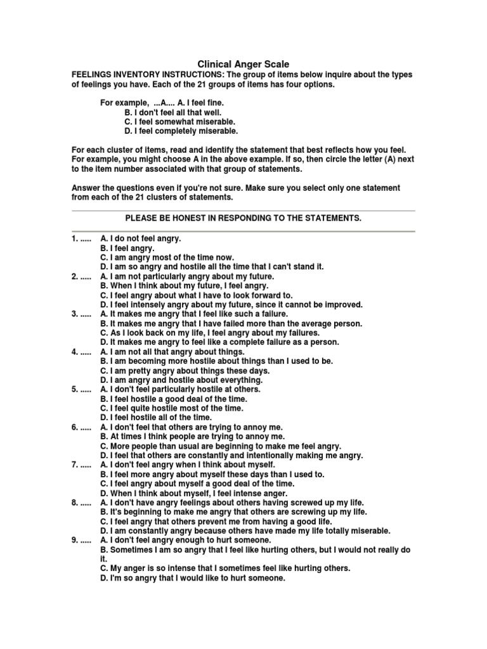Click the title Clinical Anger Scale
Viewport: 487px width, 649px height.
point(243,64)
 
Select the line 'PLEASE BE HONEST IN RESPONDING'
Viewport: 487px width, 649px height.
point(243,218)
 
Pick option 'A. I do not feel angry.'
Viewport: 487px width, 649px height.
point(141,239)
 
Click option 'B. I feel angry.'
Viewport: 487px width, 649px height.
point(127,248)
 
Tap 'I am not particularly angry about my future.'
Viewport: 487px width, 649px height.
point(187,276)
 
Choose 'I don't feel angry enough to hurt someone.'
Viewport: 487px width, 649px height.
point(181,540)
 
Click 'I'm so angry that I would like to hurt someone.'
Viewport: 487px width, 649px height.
point(193,578)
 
